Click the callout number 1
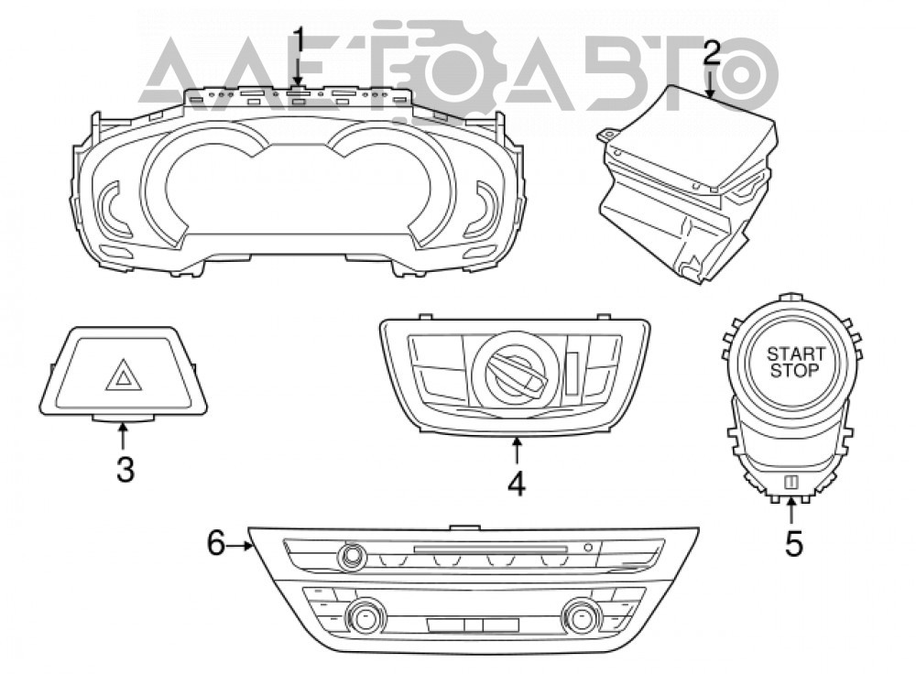coord(299,42)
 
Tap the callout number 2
coord(711,52)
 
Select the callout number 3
coord(125,470)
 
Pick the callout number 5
coord(793,543)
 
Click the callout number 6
coord(216,543)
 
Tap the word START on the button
coord(796,353)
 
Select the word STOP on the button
coord(794,370)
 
